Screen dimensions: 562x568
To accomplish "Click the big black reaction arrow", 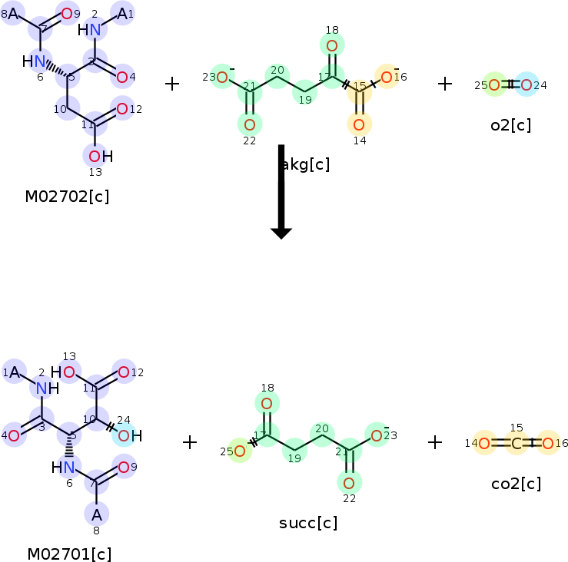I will pyautogui.click(x=281, y=192).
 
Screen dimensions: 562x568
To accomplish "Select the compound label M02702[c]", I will pyautogui.click(x=67, y=197).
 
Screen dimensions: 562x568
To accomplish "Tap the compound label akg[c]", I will pyautogui.click(x=305, y=164).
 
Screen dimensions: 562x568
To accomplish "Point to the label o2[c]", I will pyautogui.click(x=511, y=125).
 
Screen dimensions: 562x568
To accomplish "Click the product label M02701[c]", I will pyautogui.click(x=69, y=554).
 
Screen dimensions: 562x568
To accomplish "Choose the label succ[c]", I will pyautogui.click(x=308, y=524).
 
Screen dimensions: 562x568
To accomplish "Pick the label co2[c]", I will pyautogui.click(x=516, y=484).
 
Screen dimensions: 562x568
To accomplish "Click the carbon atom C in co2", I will pyautogui.click(x=517, y=443).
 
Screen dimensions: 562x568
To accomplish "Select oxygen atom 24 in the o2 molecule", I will pyautogui.click(x=526, y=84).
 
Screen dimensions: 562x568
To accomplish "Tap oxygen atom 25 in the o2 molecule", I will pyautogui.click(x=496, y=84).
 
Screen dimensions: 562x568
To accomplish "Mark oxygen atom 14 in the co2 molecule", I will pyautogui.click(x=484, y=443).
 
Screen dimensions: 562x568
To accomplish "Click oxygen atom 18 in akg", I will pyautogui.click(x=332, y=47).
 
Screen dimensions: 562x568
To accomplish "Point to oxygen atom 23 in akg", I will pyautogui.click(x=222, y=77).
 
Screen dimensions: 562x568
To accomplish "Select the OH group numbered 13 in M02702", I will pyautogui.click(x=96, y=156).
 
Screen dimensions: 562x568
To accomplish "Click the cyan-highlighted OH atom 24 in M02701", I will pyautogui.click(x=125, y=436).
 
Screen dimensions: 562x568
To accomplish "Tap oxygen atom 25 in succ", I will pyautogui.click(x=239, y=451).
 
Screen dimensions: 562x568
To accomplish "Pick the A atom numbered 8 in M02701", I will pyautogui.click(x=97, y=514).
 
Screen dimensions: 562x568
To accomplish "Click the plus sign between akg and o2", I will pyautogui.click(x=445, y=84).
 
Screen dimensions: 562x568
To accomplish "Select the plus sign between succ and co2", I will pyautogui.click(x=435, y=441).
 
